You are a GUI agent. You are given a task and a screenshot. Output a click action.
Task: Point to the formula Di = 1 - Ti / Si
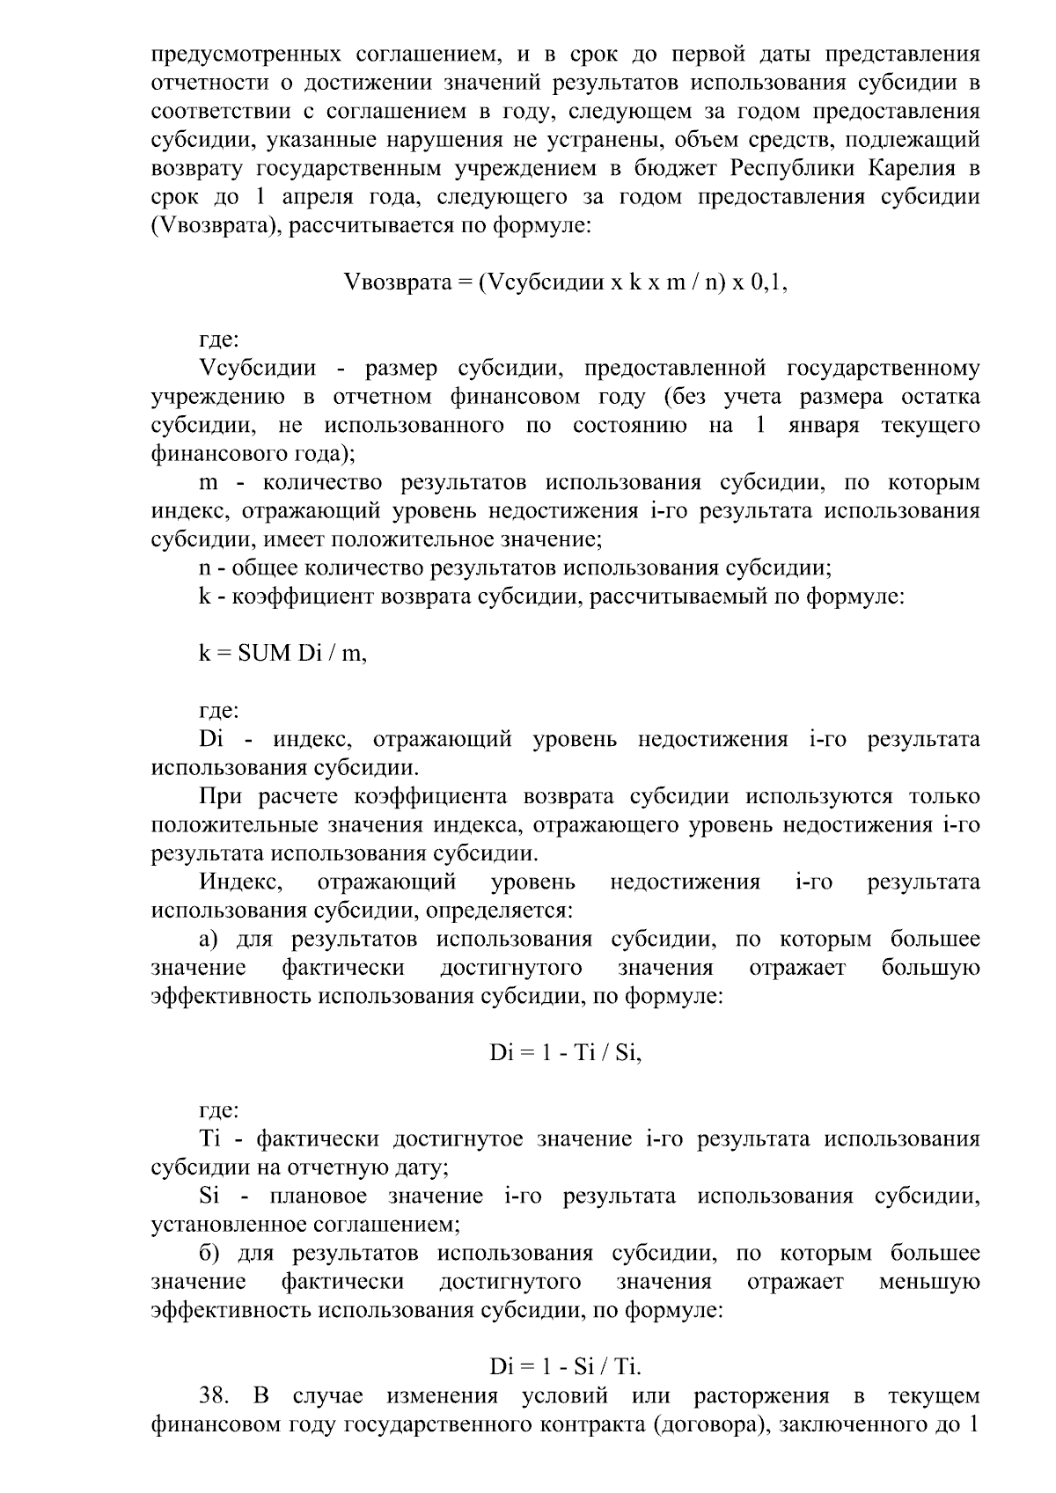pos(565,1052)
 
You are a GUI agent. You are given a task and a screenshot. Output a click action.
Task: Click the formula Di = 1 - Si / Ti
pos(565,1366)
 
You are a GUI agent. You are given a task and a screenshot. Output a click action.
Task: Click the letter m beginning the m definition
pos(209,483)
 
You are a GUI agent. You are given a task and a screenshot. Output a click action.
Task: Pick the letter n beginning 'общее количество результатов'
pos(205,568)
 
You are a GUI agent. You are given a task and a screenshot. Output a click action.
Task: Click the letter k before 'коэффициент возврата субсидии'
pos(205,596)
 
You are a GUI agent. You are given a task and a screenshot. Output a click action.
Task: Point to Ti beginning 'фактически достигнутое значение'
pos(209,1139)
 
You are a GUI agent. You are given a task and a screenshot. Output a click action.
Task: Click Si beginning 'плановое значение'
pos(209,1197)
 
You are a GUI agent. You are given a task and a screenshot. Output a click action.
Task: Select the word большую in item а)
pos(930,968)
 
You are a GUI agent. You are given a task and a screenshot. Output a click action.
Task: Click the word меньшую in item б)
pos(929,1282)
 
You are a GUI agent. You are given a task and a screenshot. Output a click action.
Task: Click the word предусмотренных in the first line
pos(246,55)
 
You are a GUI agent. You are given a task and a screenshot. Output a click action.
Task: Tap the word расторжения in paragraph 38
pos(761,1396)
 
